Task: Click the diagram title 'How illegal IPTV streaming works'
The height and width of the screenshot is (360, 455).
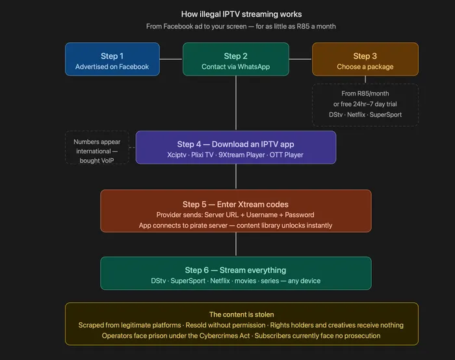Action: coord(241,14)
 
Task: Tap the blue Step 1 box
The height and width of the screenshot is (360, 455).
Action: coord(112,59)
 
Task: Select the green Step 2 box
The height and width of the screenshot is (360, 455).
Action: coord(235,59)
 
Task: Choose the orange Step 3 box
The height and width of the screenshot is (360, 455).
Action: coord(365,59)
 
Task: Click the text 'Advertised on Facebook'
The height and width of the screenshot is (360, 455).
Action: coord(112,67)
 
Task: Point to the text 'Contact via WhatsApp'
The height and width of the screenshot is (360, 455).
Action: coord(235,67)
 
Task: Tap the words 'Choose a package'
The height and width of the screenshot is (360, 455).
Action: coord(365,67)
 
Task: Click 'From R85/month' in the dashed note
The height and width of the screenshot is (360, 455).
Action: coord(365,94)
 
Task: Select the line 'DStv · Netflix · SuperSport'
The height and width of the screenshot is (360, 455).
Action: coord(365,115)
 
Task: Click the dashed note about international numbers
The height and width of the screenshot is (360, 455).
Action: coord(97,147)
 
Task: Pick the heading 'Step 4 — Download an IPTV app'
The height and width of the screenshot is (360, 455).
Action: coord(235,144)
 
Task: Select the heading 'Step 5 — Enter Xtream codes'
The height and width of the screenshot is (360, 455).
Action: coord(235,204)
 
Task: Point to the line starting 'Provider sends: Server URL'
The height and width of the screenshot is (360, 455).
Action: coord(235,215)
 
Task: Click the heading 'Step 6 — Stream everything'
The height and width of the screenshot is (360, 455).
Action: coord(235,270)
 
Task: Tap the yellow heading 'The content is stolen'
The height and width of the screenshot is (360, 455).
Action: coord(241,315)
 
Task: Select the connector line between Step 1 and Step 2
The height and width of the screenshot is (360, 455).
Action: coord(171,59)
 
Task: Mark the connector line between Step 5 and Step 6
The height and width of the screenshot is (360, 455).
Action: coord(236,244)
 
